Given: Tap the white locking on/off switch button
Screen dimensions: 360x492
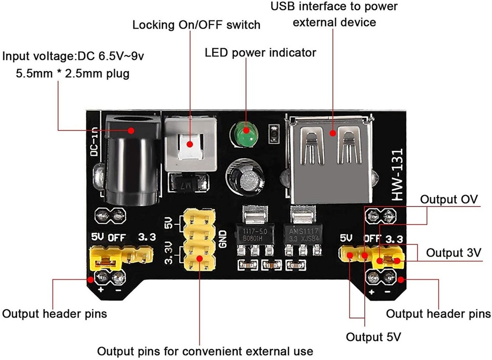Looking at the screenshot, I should point(190,145).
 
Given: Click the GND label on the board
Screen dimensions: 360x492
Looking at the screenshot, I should point(223,237).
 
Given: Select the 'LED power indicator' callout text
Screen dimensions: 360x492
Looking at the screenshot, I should point(260,53).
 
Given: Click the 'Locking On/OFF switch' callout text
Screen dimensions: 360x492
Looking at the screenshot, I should point(196,25).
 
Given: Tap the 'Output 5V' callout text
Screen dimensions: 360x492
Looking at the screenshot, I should point(373,337).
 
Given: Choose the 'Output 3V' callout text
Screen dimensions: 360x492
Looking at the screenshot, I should point(454,252).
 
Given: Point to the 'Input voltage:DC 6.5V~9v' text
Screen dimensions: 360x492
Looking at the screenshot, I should point(73,55).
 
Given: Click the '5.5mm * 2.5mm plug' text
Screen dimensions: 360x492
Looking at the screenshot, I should point(73,74).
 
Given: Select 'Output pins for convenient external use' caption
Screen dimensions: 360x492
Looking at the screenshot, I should point(205,351).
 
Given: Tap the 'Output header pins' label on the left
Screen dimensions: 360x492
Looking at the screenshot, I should point(55,313).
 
